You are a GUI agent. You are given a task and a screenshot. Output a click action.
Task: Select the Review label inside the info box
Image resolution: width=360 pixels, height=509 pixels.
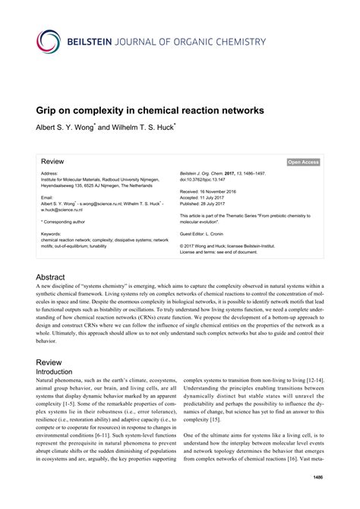click(52, 162)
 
